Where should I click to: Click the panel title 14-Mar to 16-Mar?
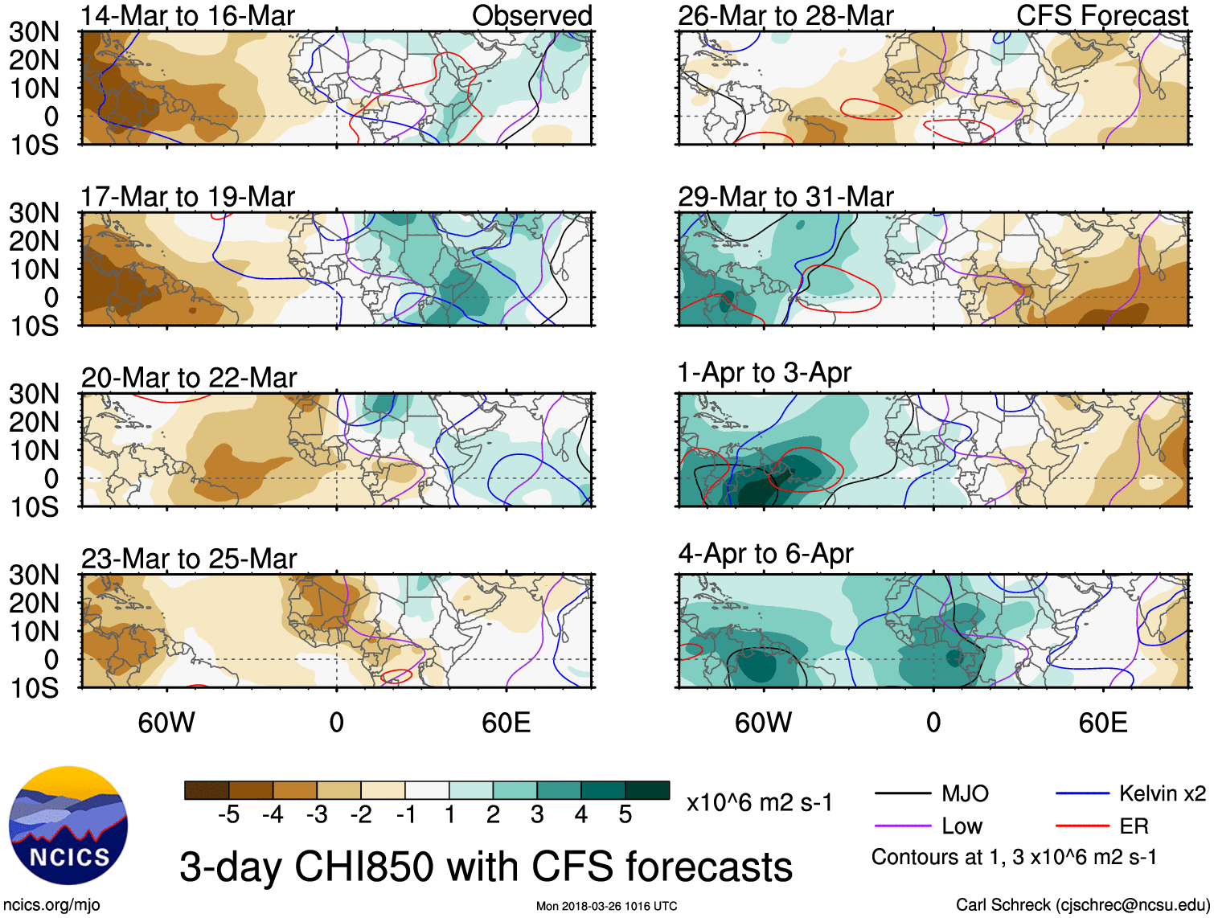187,15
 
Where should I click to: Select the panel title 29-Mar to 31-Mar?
785,196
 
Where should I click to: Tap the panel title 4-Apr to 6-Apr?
765,554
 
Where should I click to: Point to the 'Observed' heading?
531,15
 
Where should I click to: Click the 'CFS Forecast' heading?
1101,15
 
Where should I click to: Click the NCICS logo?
68,826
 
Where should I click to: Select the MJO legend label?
965,794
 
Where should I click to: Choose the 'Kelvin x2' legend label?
1162,794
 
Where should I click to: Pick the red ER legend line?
1082,826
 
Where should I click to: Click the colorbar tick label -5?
228,815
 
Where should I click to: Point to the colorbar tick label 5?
625,815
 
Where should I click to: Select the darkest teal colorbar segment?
647,790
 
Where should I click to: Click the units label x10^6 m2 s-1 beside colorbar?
759,802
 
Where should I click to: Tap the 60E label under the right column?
1102,723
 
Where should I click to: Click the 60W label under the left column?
166,723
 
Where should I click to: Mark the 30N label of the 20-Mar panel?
35,394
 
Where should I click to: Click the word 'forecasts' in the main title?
709,867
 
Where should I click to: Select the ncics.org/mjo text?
51,905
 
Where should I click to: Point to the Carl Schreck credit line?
1081,905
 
